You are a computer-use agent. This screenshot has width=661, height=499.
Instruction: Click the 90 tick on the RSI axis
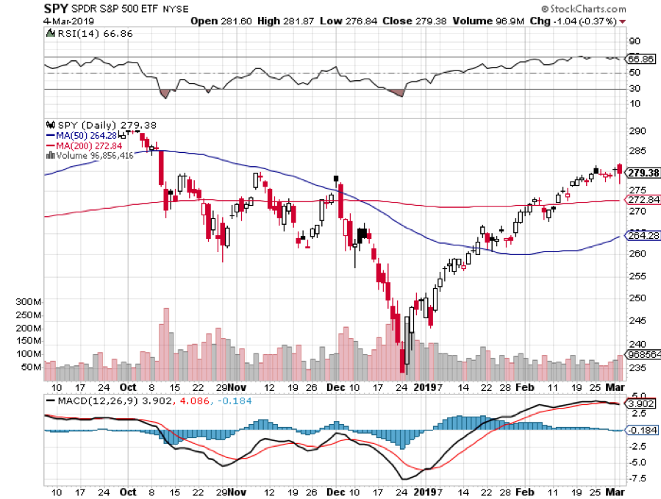coord(632,42)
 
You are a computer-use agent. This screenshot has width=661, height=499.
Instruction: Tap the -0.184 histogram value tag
coord(641,431)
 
